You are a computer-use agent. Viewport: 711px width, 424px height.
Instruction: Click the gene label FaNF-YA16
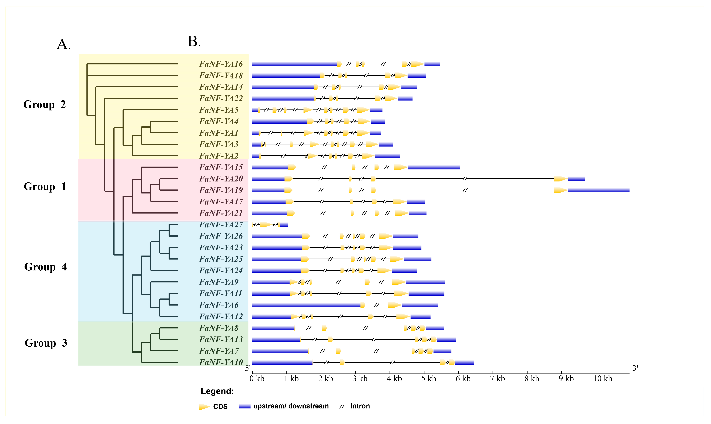(221, 64)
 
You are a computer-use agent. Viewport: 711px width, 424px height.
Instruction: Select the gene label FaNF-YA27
(221, 225)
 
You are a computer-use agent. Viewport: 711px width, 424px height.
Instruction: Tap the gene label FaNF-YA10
(221, 362)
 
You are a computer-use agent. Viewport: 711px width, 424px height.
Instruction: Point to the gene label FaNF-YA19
(221, 190)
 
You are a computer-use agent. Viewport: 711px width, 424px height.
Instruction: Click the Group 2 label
(45, 105)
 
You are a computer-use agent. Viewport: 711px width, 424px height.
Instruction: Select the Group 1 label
(45, 187)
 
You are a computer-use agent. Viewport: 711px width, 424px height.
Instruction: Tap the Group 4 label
(45, 267)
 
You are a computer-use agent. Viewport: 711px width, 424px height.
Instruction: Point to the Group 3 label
(46, 343)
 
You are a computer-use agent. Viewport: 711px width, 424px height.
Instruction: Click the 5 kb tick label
(429, 379)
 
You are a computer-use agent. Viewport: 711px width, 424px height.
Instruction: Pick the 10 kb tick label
(603, 379)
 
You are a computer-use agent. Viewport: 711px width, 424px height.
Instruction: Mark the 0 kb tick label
(257, 379)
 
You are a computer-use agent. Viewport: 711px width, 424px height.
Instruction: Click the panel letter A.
(64, 44)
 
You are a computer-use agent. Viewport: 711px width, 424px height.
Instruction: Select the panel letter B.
(194, 41)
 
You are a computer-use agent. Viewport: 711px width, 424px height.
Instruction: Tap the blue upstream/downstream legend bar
(245, 406)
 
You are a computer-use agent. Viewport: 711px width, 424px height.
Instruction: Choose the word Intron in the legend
(360, 406)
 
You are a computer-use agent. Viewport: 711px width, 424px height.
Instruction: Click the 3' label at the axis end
(635, 368)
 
